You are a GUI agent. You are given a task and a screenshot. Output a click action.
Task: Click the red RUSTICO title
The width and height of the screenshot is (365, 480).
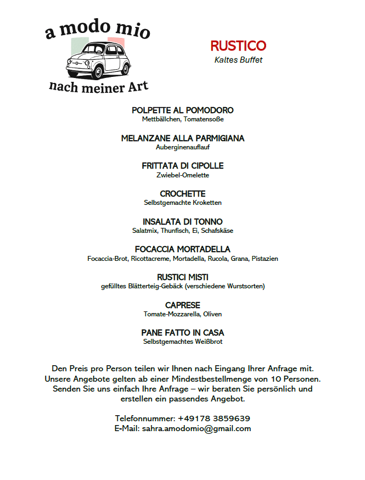pyautogui.click(x=238, y=46)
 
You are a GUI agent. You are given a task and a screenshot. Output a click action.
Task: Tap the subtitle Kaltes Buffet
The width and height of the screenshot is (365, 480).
pyautogui.click(x=238, y=60)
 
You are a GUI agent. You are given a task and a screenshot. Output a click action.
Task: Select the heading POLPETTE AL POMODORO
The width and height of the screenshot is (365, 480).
pyautogui.click(x=183, y=110)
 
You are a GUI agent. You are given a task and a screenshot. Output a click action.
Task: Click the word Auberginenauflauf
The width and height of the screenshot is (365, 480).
pyautogui.click(x=183, y=147)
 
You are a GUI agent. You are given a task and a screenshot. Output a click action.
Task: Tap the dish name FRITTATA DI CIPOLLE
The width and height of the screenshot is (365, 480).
pyautogui.click(x=183, y=166)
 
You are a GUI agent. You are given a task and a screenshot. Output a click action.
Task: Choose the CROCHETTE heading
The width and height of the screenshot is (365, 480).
pyautogui.click(x=183, y=194)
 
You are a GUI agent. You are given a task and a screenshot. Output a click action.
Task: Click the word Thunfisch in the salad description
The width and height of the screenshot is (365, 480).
pyautogui.click(x=174, y=231)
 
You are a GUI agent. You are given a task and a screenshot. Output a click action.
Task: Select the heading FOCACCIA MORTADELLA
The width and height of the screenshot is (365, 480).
pyautogui.click(x=183, y=249)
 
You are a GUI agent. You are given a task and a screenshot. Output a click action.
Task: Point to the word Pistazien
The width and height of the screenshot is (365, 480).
pyautogui.click(x=265, y=259)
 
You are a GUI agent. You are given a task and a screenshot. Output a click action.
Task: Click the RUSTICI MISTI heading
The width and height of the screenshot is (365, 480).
pyautogui.click(x=183, y=277)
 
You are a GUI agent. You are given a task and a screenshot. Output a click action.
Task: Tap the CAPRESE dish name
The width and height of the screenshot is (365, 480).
pyautogui.click(x=183, y=305)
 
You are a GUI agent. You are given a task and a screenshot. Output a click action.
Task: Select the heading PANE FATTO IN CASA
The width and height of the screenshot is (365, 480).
pyautogui.click(x=183, y=333)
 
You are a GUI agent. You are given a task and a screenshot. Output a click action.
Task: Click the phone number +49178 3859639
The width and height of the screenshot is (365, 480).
pyautogui.click(x=214, y=418)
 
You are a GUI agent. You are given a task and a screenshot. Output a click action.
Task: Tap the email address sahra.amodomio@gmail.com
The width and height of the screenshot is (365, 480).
pyautogui.click(x=196, y=428)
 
